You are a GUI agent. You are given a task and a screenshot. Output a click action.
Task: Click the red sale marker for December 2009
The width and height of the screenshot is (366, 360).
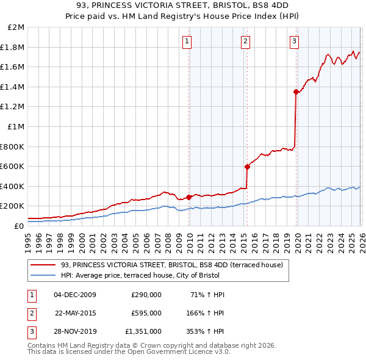(x=188, y=197)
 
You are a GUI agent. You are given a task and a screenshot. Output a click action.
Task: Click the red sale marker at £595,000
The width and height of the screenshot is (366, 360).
(x=247, y=167)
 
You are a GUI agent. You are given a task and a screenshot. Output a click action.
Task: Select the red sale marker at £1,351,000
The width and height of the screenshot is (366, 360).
(x=296, y=92)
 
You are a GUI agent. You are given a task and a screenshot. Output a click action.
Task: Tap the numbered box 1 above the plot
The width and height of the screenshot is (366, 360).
(x=186, y=41)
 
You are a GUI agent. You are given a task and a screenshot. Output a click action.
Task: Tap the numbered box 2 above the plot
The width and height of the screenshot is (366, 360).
(x=245, y=41)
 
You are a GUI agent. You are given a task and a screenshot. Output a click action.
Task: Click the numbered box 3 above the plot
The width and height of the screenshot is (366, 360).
(x=294, y=41)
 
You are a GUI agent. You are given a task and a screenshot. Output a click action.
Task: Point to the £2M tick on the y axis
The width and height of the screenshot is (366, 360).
(x=16, y=27)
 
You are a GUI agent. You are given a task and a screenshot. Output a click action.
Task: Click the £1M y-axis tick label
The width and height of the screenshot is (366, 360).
(x=16, y=127)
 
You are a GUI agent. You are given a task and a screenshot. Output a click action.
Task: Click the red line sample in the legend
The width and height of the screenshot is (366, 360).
(x=43, y=265)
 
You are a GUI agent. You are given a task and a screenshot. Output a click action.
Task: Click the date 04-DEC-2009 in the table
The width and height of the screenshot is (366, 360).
(x=75, y=295)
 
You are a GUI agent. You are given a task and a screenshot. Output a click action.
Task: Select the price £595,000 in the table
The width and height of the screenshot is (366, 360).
(x=146, y=313)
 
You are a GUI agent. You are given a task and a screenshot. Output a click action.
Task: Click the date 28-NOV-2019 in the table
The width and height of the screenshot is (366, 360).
(x=75, y=331)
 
